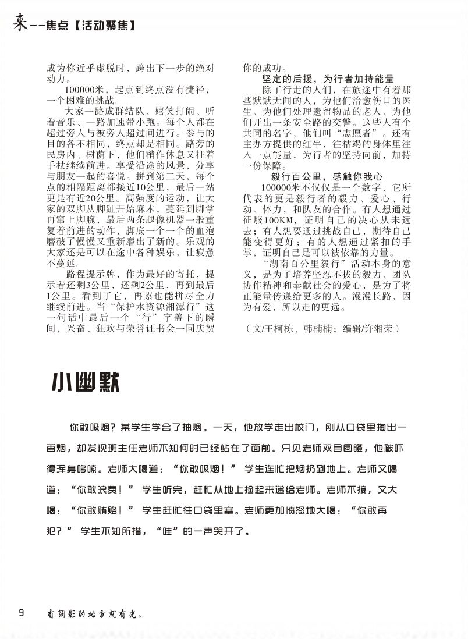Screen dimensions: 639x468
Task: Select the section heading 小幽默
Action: point(86,382)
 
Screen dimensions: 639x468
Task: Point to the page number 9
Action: point(22,612)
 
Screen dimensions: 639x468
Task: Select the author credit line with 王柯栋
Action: point(323,329)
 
